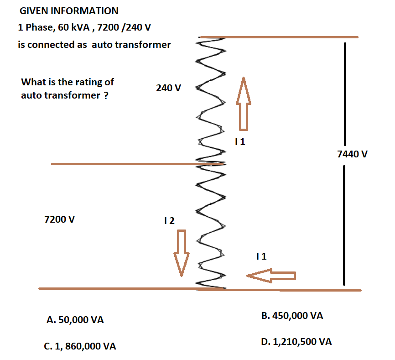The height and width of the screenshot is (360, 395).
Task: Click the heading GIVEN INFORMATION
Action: coord(69,11)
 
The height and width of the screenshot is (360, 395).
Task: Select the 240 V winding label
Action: coord(168,88)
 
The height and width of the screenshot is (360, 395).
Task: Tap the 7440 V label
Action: coord(352,154)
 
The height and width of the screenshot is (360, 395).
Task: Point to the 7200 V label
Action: coord(60,219)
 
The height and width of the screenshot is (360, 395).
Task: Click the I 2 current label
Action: coord(169,221)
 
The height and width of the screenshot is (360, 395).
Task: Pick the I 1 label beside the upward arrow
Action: coord(239,142)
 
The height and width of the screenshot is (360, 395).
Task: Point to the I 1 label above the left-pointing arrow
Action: coord(262,256)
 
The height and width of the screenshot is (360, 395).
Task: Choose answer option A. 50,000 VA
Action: coord(75,320)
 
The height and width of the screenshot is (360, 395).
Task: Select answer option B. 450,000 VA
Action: coord(292,315)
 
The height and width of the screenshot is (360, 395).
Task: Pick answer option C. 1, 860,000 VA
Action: coord(80,346)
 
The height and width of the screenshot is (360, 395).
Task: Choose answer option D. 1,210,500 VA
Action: coord(296,342)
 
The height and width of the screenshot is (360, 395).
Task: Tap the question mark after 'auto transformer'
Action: coord(106,96)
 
